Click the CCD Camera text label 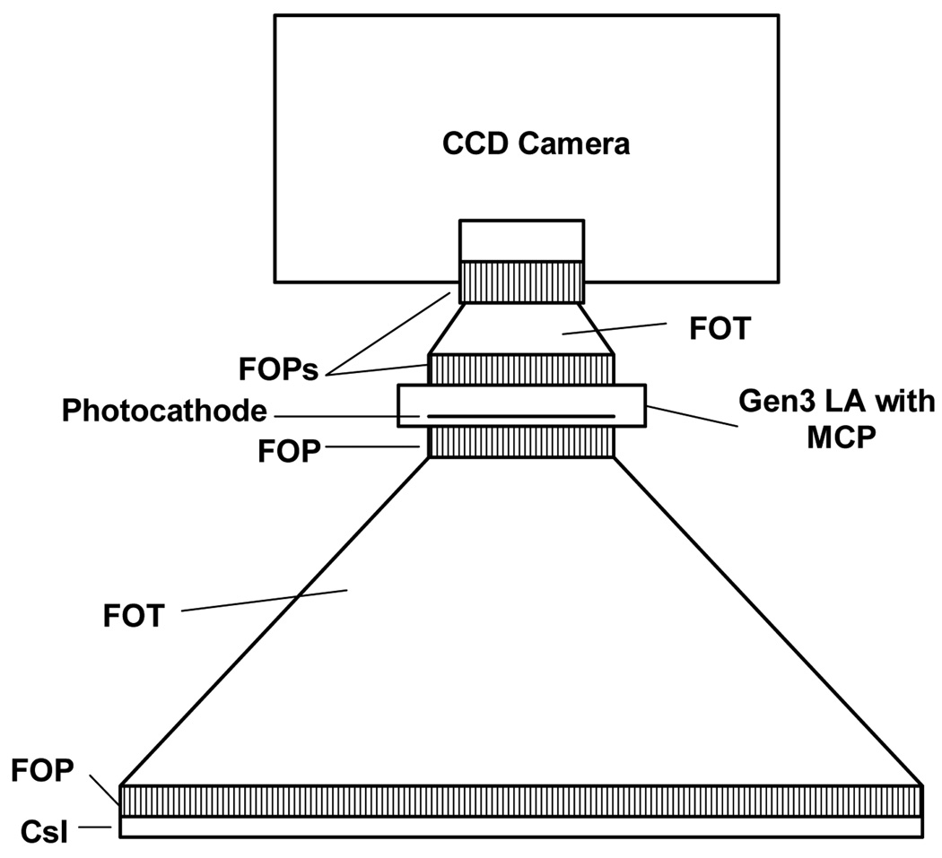point(536,143)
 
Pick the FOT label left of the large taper point(133,616)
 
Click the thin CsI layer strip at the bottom point(520,828)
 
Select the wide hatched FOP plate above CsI point(520,801)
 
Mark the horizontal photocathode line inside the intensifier point(520,416)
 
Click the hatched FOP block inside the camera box point(521,282)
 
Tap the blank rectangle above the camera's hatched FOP point(521,239)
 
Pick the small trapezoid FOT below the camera point(521,329)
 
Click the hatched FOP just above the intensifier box point(521,368)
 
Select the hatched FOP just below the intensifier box point(521,442)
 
